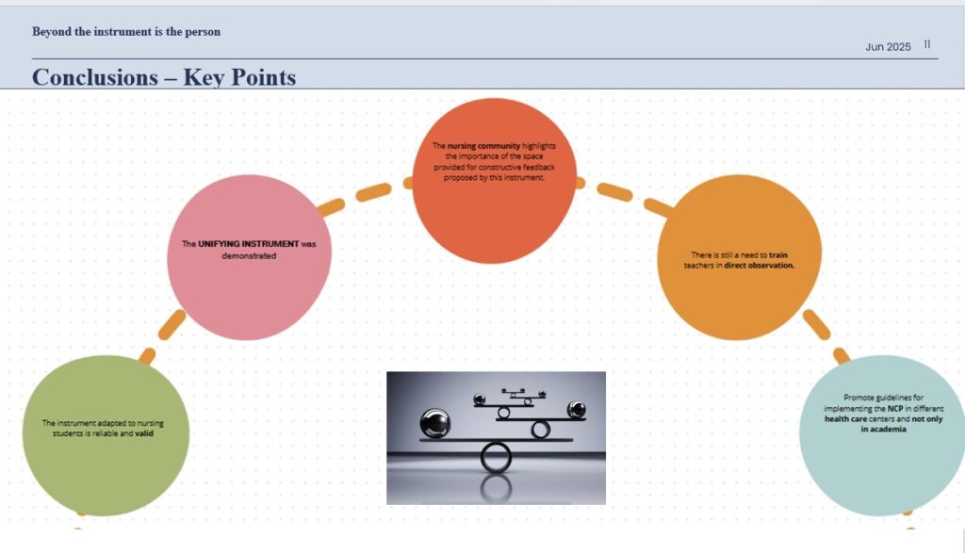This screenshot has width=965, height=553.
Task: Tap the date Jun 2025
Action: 888,47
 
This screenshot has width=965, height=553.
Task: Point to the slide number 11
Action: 927,44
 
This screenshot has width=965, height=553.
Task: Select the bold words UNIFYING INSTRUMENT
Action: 248,243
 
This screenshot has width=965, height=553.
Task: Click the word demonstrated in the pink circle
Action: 249,255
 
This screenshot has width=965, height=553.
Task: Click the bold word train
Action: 778,254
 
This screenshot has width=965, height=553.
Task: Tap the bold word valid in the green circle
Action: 144,434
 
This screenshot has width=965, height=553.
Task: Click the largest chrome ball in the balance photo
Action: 433,423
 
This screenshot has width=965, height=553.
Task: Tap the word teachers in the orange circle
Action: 703,266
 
